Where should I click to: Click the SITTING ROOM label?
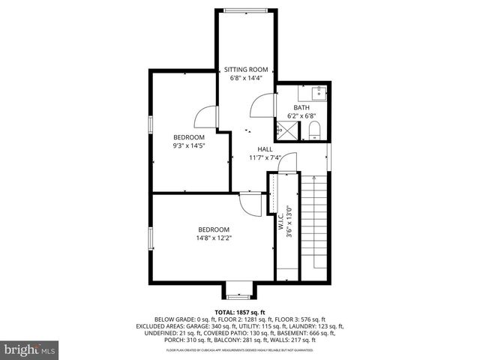click(x=246, y=69)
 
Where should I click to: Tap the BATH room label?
click(x=301, y=107)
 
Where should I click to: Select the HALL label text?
click(x=265, y=149)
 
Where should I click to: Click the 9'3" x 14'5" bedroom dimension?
click(x=188, y=145)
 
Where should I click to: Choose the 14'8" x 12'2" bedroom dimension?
click(x=214, y=238)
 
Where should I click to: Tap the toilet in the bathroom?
click(x=314, y=132)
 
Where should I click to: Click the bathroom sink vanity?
click(x=317, y=93)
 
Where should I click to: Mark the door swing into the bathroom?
click(x=262, y=106)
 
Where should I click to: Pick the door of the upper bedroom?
click(x=205, y=116)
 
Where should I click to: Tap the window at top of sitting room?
click(x=247, y=10)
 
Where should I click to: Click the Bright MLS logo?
click(x=30, y=349)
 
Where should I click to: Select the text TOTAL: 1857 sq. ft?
click(x=240, y=313)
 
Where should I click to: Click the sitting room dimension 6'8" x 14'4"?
click(x=246, y=78)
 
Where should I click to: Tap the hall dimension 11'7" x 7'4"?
click(x=265, y=158)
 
